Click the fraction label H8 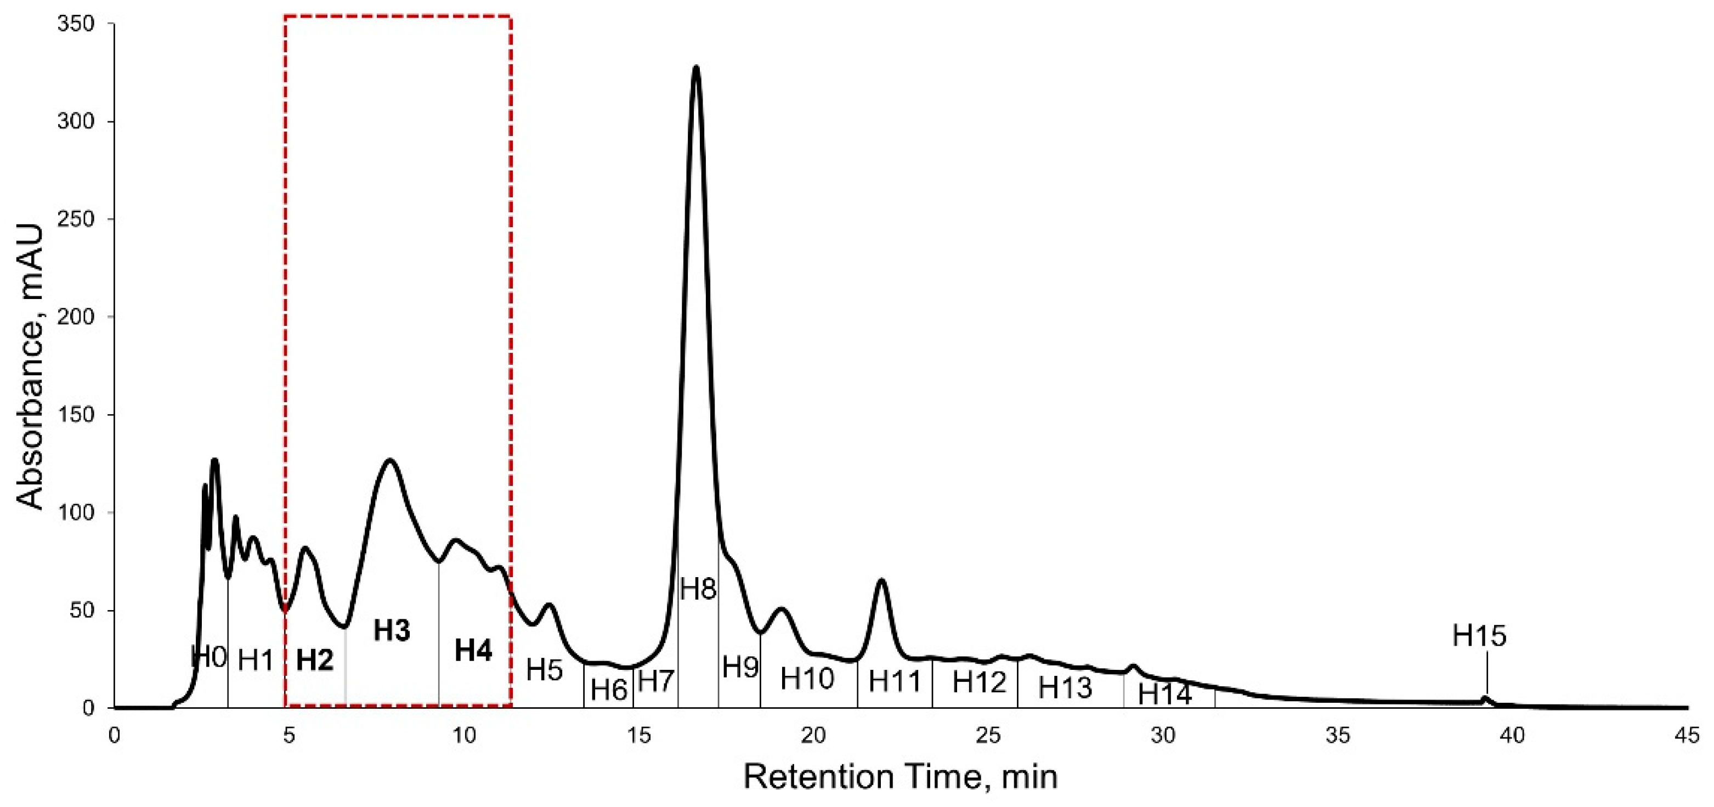[698, 589]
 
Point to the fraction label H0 [209, 657]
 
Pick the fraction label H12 [980, 682]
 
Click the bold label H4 [473, 651]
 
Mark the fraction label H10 [807, 679]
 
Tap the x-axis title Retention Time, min [900, 777]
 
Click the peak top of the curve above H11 [881, 580]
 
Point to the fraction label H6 [609, 690]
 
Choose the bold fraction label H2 [315, 660]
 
